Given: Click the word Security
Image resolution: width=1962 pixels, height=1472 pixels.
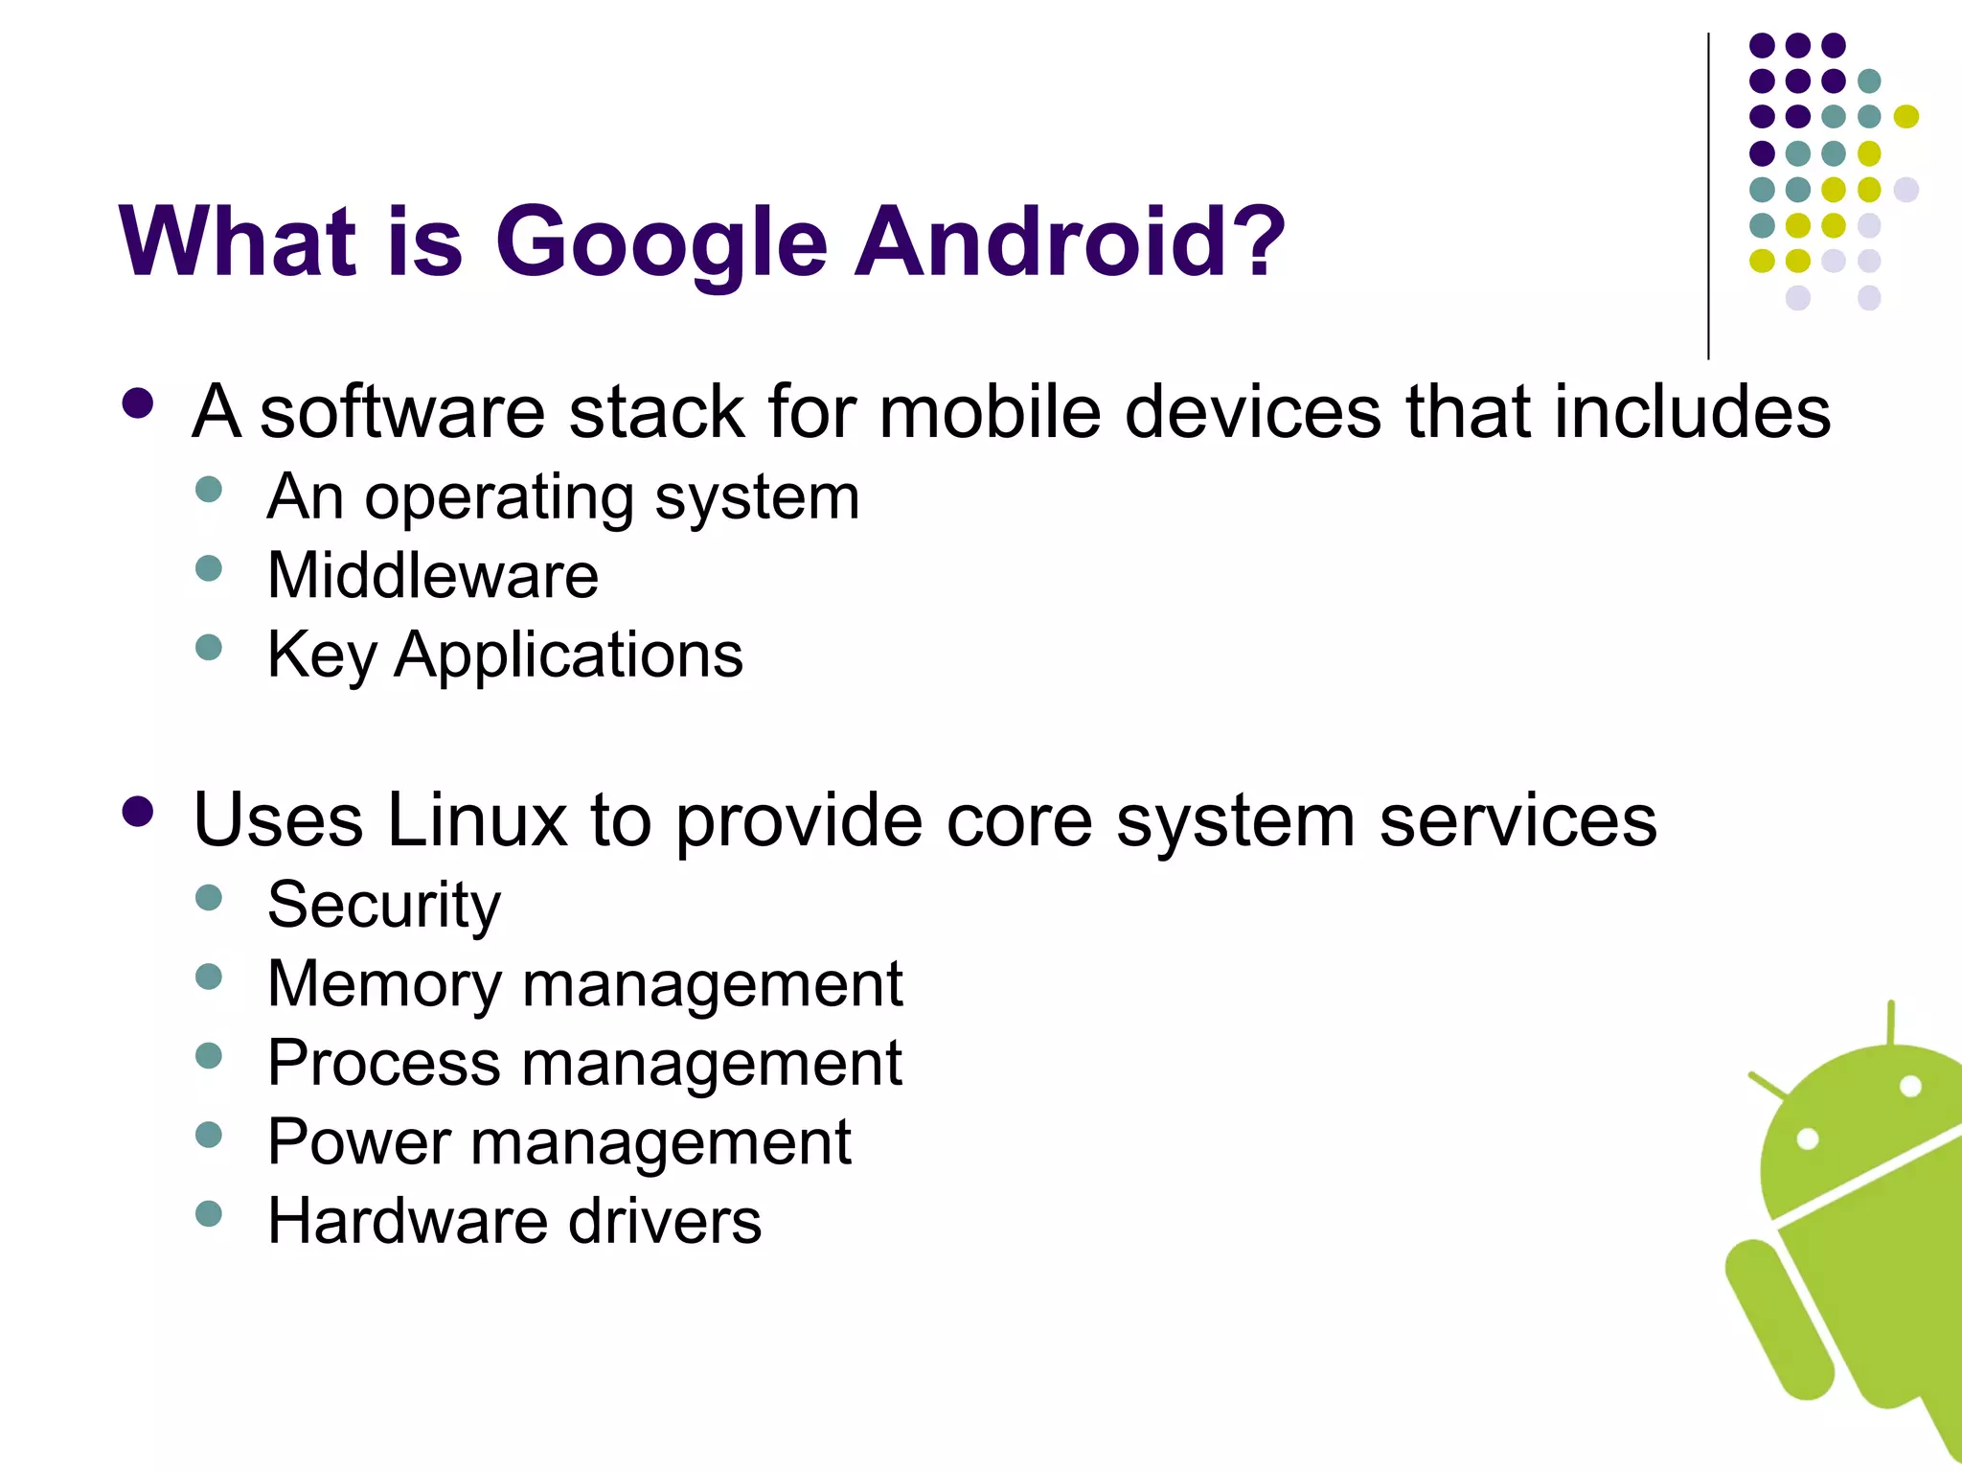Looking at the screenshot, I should [x=383, y=905].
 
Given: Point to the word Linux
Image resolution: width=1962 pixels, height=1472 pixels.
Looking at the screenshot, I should [x=476, y=820].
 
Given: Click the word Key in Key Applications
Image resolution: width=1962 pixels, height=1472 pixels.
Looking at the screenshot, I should [x=321, y=655].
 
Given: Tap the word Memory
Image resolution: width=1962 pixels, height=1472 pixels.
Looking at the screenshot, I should [x=383, y=984].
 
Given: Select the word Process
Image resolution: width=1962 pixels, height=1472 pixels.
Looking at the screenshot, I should [x=383, y=1063].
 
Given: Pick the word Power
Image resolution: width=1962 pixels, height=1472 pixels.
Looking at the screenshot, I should [x=358, y=1142].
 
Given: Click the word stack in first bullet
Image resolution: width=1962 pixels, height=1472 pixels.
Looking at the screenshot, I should [x=656, y=412].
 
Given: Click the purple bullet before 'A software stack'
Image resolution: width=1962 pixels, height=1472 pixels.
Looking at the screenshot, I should [x=138, y=403].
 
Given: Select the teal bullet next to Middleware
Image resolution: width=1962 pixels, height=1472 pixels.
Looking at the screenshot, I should [x=208, y=568].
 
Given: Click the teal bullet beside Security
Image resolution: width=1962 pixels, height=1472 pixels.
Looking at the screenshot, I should [x=208, y=898].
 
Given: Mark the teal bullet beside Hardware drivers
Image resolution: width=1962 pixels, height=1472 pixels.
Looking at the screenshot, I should [x=208, y=1214].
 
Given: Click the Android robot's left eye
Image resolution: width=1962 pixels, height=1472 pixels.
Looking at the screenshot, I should [x=1807, y=1139].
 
